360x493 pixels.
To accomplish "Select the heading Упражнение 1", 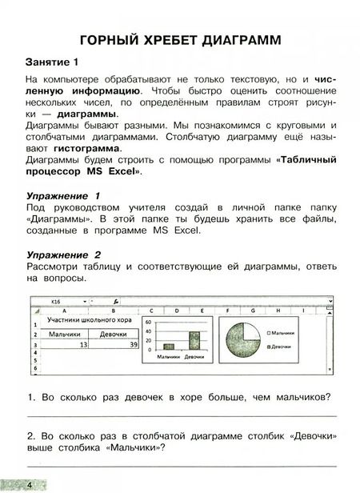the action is coord(63,195).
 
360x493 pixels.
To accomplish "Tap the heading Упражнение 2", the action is coord(63,253).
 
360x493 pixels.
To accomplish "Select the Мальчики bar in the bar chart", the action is coord(169,346).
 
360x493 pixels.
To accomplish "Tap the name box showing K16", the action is coord(57,302).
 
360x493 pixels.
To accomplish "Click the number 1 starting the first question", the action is coord(29,397).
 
